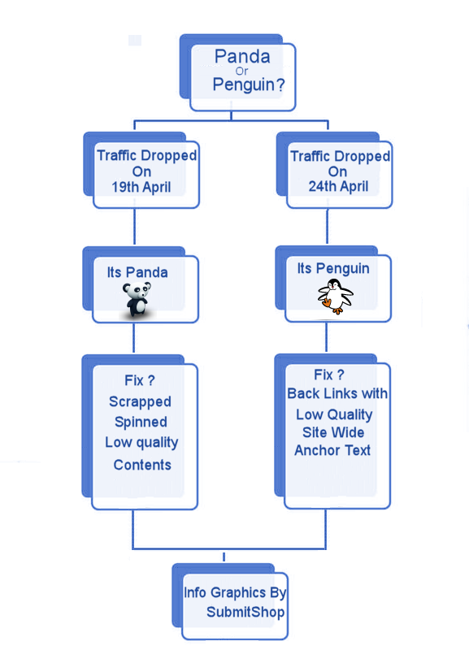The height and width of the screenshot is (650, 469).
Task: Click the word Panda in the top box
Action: [x=242, y=56]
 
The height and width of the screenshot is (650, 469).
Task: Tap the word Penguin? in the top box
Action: [x=249, y=84]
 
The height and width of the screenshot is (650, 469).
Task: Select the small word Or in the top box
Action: [x=241, y=71]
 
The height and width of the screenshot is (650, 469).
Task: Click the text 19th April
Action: [x=141, y=187]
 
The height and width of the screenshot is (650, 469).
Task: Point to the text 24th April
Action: [x=338, y=186]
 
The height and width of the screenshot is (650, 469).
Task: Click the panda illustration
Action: [x=137, y=299]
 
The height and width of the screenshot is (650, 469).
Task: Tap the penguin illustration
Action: [x=335, y=296]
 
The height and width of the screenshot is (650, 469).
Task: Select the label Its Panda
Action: [x=137, y=272]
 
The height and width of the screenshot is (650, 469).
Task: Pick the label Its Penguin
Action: [x=333, y=269]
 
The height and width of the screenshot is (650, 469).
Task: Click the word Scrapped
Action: [x=140, y=401]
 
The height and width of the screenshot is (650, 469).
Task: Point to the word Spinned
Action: [x=141, y=422]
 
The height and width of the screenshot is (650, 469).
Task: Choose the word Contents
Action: [x=142, y=465]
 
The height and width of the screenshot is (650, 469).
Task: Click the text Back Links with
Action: [x=337, y=393]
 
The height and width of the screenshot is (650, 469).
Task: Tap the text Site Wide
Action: [x=333, y=432]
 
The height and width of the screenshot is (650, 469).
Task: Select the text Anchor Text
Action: [x=332, y=450]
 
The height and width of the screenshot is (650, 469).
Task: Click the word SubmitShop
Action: [x=245, y=612]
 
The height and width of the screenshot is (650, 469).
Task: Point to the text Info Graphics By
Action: [x=235, y=593]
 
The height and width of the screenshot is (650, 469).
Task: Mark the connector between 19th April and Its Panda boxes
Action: [x=135, y=227]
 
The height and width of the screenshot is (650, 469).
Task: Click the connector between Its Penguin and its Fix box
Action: [x=327, y=338]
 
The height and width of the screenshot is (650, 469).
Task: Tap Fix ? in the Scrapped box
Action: [x=140, y=380]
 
